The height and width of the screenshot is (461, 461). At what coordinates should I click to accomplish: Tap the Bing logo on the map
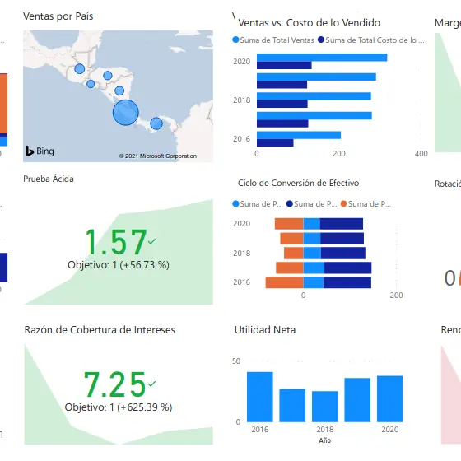40,151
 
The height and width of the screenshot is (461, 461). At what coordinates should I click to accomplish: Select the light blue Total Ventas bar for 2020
322,58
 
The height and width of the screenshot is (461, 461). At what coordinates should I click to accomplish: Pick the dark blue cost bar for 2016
275,142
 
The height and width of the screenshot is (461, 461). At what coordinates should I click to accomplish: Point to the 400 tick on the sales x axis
421,153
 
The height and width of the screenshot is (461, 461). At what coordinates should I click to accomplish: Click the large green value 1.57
115,242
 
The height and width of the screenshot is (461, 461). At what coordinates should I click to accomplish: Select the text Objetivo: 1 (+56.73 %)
118,265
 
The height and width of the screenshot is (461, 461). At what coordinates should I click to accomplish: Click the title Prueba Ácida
49,179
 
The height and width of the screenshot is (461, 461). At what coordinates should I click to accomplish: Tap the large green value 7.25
115,384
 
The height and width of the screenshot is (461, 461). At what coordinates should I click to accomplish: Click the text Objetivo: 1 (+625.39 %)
119,407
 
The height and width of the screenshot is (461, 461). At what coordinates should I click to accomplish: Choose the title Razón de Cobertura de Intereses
100,330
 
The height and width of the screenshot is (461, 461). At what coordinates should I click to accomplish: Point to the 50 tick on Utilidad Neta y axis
236,361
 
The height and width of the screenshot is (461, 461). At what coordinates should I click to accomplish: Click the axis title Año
324,440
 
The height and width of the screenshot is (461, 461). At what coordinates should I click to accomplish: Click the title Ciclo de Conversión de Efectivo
298,183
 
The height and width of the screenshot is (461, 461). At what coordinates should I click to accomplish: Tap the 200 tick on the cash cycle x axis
396,296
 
